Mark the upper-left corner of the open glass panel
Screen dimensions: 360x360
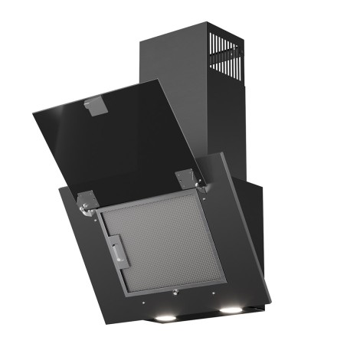click(33, 116)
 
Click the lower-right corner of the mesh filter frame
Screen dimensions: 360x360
click(224, 277)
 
